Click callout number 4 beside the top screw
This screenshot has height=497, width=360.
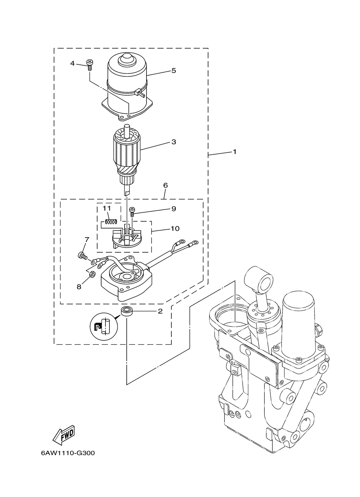pyautogui.click(x=72, y=63)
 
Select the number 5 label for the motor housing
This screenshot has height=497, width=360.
pyautogui.click(x=174, y=71)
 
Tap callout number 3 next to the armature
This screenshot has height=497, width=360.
pyautogui.click(x=174, y=142)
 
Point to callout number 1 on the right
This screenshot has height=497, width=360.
pyautogui.click(x=235, y=152)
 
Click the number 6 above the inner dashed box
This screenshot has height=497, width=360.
pyautogui.click(x=165, y=185)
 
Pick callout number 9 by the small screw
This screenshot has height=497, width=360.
pyautogui.click(x=174, y=209)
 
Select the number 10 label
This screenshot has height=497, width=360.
pyautogui.click(x=175, y=229)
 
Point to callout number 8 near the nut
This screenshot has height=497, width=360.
pyautogui.click(x=79, y=286)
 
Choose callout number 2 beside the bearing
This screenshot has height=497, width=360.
pyautogui.click(x=160, y=311)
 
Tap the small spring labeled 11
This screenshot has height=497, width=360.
pyautogui.click(x=111, y=221)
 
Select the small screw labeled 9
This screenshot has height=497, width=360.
pyautogui.click(x=132, y=211)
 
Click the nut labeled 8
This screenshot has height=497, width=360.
pyautogui.click(x=92, y=275)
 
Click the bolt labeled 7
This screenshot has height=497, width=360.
pyautogui.click(x=81, y=256)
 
